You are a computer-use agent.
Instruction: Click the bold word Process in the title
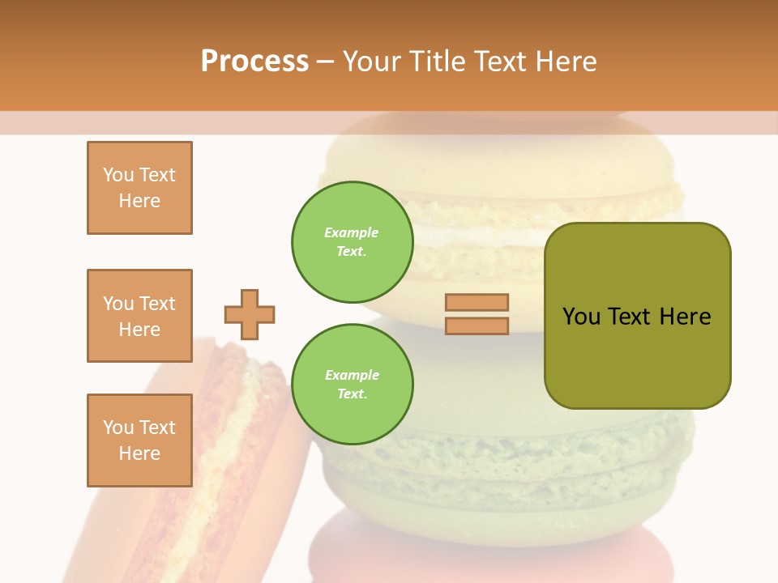254,62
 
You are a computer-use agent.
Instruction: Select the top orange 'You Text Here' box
139,188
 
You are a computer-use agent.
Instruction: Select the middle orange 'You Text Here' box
139,316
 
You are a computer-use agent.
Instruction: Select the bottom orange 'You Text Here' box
139,440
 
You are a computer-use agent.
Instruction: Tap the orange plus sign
250,314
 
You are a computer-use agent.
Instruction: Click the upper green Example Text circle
353,242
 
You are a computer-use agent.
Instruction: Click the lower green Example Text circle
353,385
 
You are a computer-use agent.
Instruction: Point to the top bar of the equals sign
477,302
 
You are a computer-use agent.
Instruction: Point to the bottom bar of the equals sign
477,326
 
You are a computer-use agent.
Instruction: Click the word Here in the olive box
685,317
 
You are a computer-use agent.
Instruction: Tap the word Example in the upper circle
352,232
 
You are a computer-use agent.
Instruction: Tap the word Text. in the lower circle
352,394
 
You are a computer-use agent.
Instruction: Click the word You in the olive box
582,317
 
